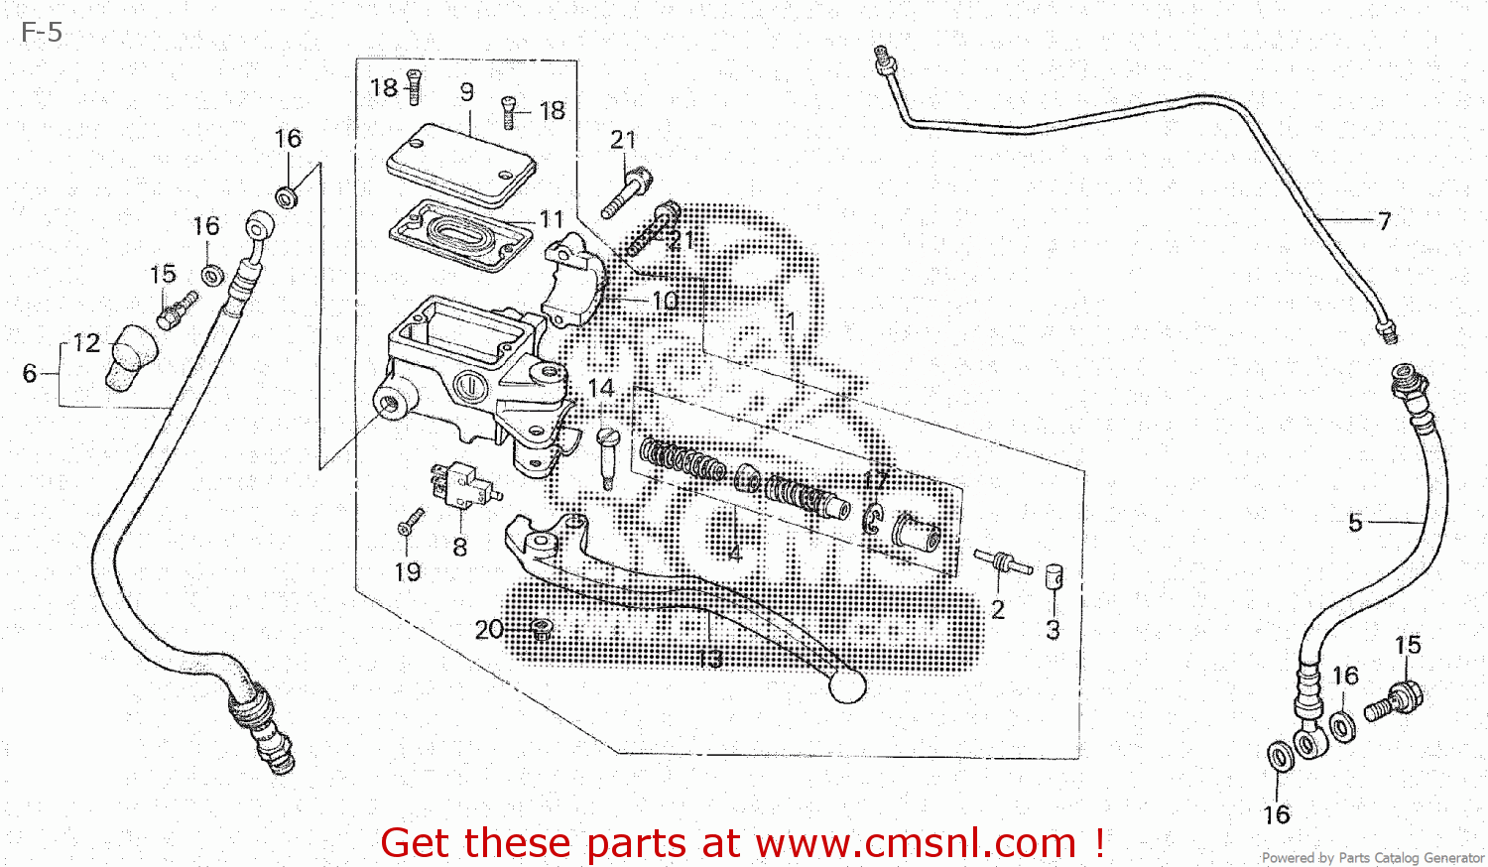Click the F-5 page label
(42, 33)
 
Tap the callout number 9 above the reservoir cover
(467, 92)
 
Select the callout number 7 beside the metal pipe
(1384, 221)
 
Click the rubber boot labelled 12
(131, 356)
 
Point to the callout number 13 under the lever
(710, 659)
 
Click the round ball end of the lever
(846, 685)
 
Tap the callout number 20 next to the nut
(489, 630)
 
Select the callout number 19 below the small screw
(408, 572)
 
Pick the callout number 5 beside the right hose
(1355, 523)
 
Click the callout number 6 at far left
(30, 374)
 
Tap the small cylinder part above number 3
(1054, 576)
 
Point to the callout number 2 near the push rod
(998, 610)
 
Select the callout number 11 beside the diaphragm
(552, 219)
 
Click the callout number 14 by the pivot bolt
(601, 388)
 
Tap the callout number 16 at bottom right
(1277, 815)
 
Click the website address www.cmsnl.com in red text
(916, 843)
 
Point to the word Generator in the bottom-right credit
(1452, 857)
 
